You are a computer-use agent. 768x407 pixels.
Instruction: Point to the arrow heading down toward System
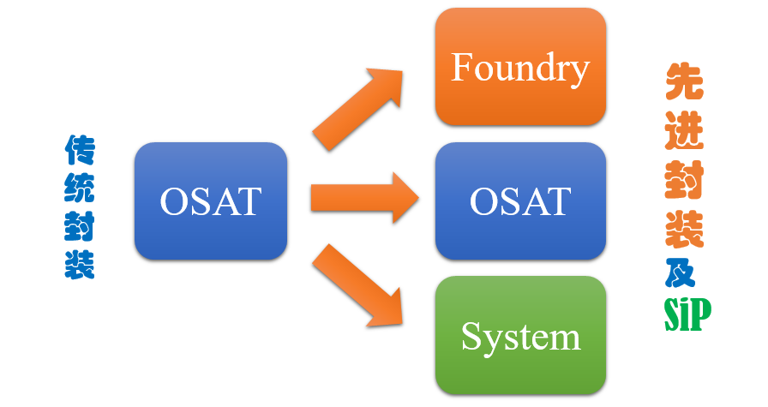358,287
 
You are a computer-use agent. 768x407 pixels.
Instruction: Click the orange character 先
684,84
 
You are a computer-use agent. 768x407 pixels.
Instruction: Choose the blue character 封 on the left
80,226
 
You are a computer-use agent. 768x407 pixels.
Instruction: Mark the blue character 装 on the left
80,264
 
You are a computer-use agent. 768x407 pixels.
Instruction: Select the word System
520,337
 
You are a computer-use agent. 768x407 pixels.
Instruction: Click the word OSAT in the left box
210,202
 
